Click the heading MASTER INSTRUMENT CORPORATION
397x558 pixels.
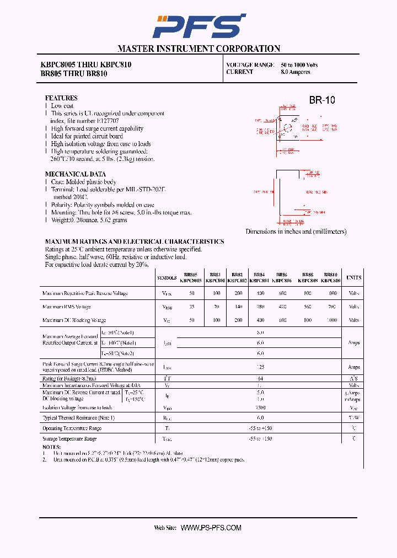click(x=198, y=49)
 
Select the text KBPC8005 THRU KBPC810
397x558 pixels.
click(x=85, y=65)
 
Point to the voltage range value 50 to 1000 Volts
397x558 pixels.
click(x=299, y=65)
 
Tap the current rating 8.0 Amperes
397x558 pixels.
click(x=296, y=72)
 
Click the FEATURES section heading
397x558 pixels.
click(x=61, y=98)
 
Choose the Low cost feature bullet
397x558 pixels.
click(x=62, y=105)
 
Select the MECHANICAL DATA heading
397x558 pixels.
click(x=76, y=174)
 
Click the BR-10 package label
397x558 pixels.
click(x=321, y=100)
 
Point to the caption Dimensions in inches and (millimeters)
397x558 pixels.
click(x=296, y=232)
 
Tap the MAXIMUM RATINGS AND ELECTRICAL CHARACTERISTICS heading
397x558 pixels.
click(x=135, y=242)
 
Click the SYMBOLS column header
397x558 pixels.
click(x=167, y=278)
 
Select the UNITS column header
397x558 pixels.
click(x=353, y=278)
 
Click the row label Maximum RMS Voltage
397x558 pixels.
click(x=67, y=307)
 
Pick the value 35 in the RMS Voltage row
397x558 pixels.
click(x=191, y=307)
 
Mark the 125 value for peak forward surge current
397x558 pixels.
click(x=260, y=367)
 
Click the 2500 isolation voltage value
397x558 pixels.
click(x=260, y=407)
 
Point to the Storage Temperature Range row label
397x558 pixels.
click(x=69, y=438)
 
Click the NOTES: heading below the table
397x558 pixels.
click(x=51, y=447)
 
